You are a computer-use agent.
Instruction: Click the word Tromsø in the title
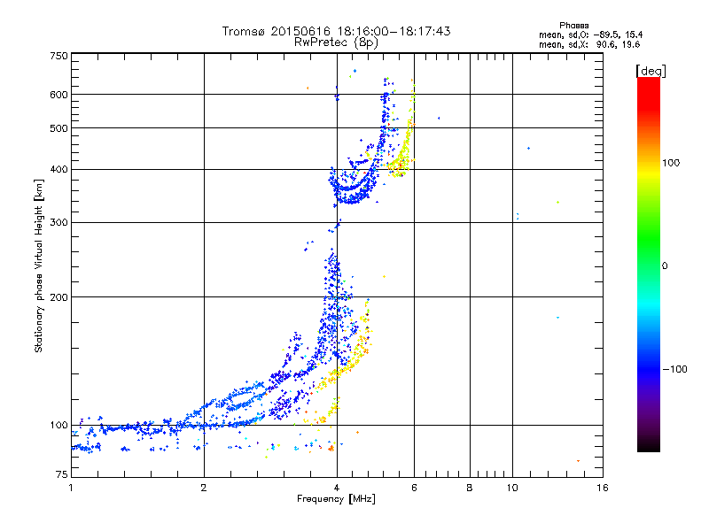point(242,31)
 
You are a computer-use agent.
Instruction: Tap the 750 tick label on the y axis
point(58,55)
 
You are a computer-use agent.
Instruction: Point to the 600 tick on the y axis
point(58,95)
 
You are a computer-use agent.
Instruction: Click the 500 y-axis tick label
point(58,128)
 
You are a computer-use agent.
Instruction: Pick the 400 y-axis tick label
point(58,169)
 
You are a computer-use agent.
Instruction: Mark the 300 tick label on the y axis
point(58,222)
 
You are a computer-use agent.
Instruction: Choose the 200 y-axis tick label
point(58,297)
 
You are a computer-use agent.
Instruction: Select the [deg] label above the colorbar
point(651,70)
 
